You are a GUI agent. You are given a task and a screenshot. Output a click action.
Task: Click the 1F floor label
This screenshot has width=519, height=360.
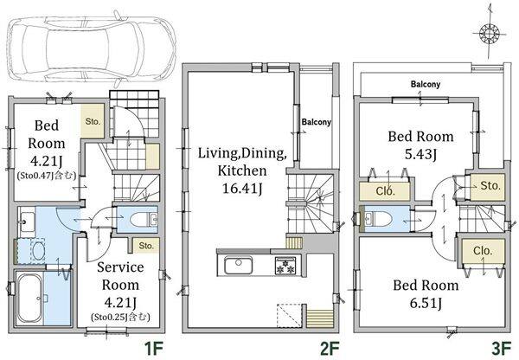(x=154, y=348)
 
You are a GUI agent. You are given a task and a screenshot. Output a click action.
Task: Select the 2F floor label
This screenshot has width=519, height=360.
(x=330, y=348)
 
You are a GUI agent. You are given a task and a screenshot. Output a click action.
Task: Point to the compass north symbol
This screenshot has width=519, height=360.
(x=489, y=33)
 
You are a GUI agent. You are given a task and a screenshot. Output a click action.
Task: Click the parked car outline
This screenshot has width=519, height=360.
(x=91, y=48)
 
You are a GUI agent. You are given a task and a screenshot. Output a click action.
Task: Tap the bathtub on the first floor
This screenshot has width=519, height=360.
(x=29, y=299)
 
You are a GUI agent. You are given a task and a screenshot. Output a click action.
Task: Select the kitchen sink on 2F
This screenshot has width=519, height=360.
(x=239, y=265)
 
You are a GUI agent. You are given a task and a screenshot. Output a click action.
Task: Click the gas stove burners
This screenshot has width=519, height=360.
(x=285, y=266)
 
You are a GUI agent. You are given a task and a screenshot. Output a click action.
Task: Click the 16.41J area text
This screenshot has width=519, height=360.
(x=242, y=189)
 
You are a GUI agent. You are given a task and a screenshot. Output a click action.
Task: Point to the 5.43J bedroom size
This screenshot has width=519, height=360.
(x=420, y=154)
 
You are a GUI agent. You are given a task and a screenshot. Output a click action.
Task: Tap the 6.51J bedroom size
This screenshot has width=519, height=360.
(x=426, y=303)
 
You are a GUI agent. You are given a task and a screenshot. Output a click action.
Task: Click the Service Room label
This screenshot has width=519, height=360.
(x=120, y=276)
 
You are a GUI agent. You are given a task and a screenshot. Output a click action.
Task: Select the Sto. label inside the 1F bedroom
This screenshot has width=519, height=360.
(x=93, y=121)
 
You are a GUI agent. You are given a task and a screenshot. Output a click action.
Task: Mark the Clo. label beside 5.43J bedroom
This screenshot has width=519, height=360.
(x=385, y=190)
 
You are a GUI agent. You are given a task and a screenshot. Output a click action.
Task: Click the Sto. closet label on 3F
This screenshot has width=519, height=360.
(x=490, y=186)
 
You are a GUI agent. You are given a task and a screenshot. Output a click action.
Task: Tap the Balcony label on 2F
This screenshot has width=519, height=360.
(x=316, y=122)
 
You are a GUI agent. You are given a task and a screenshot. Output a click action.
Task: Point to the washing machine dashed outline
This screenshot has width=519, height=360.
(x=38, y=251)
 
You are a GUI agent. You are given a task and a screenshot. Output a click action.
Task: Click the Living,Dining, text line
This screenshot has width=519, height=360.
(x=242, y=153)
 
